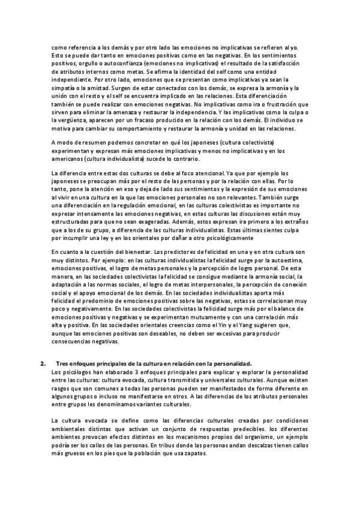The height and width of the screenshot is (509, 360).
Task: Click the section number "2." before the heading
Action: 43,364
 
